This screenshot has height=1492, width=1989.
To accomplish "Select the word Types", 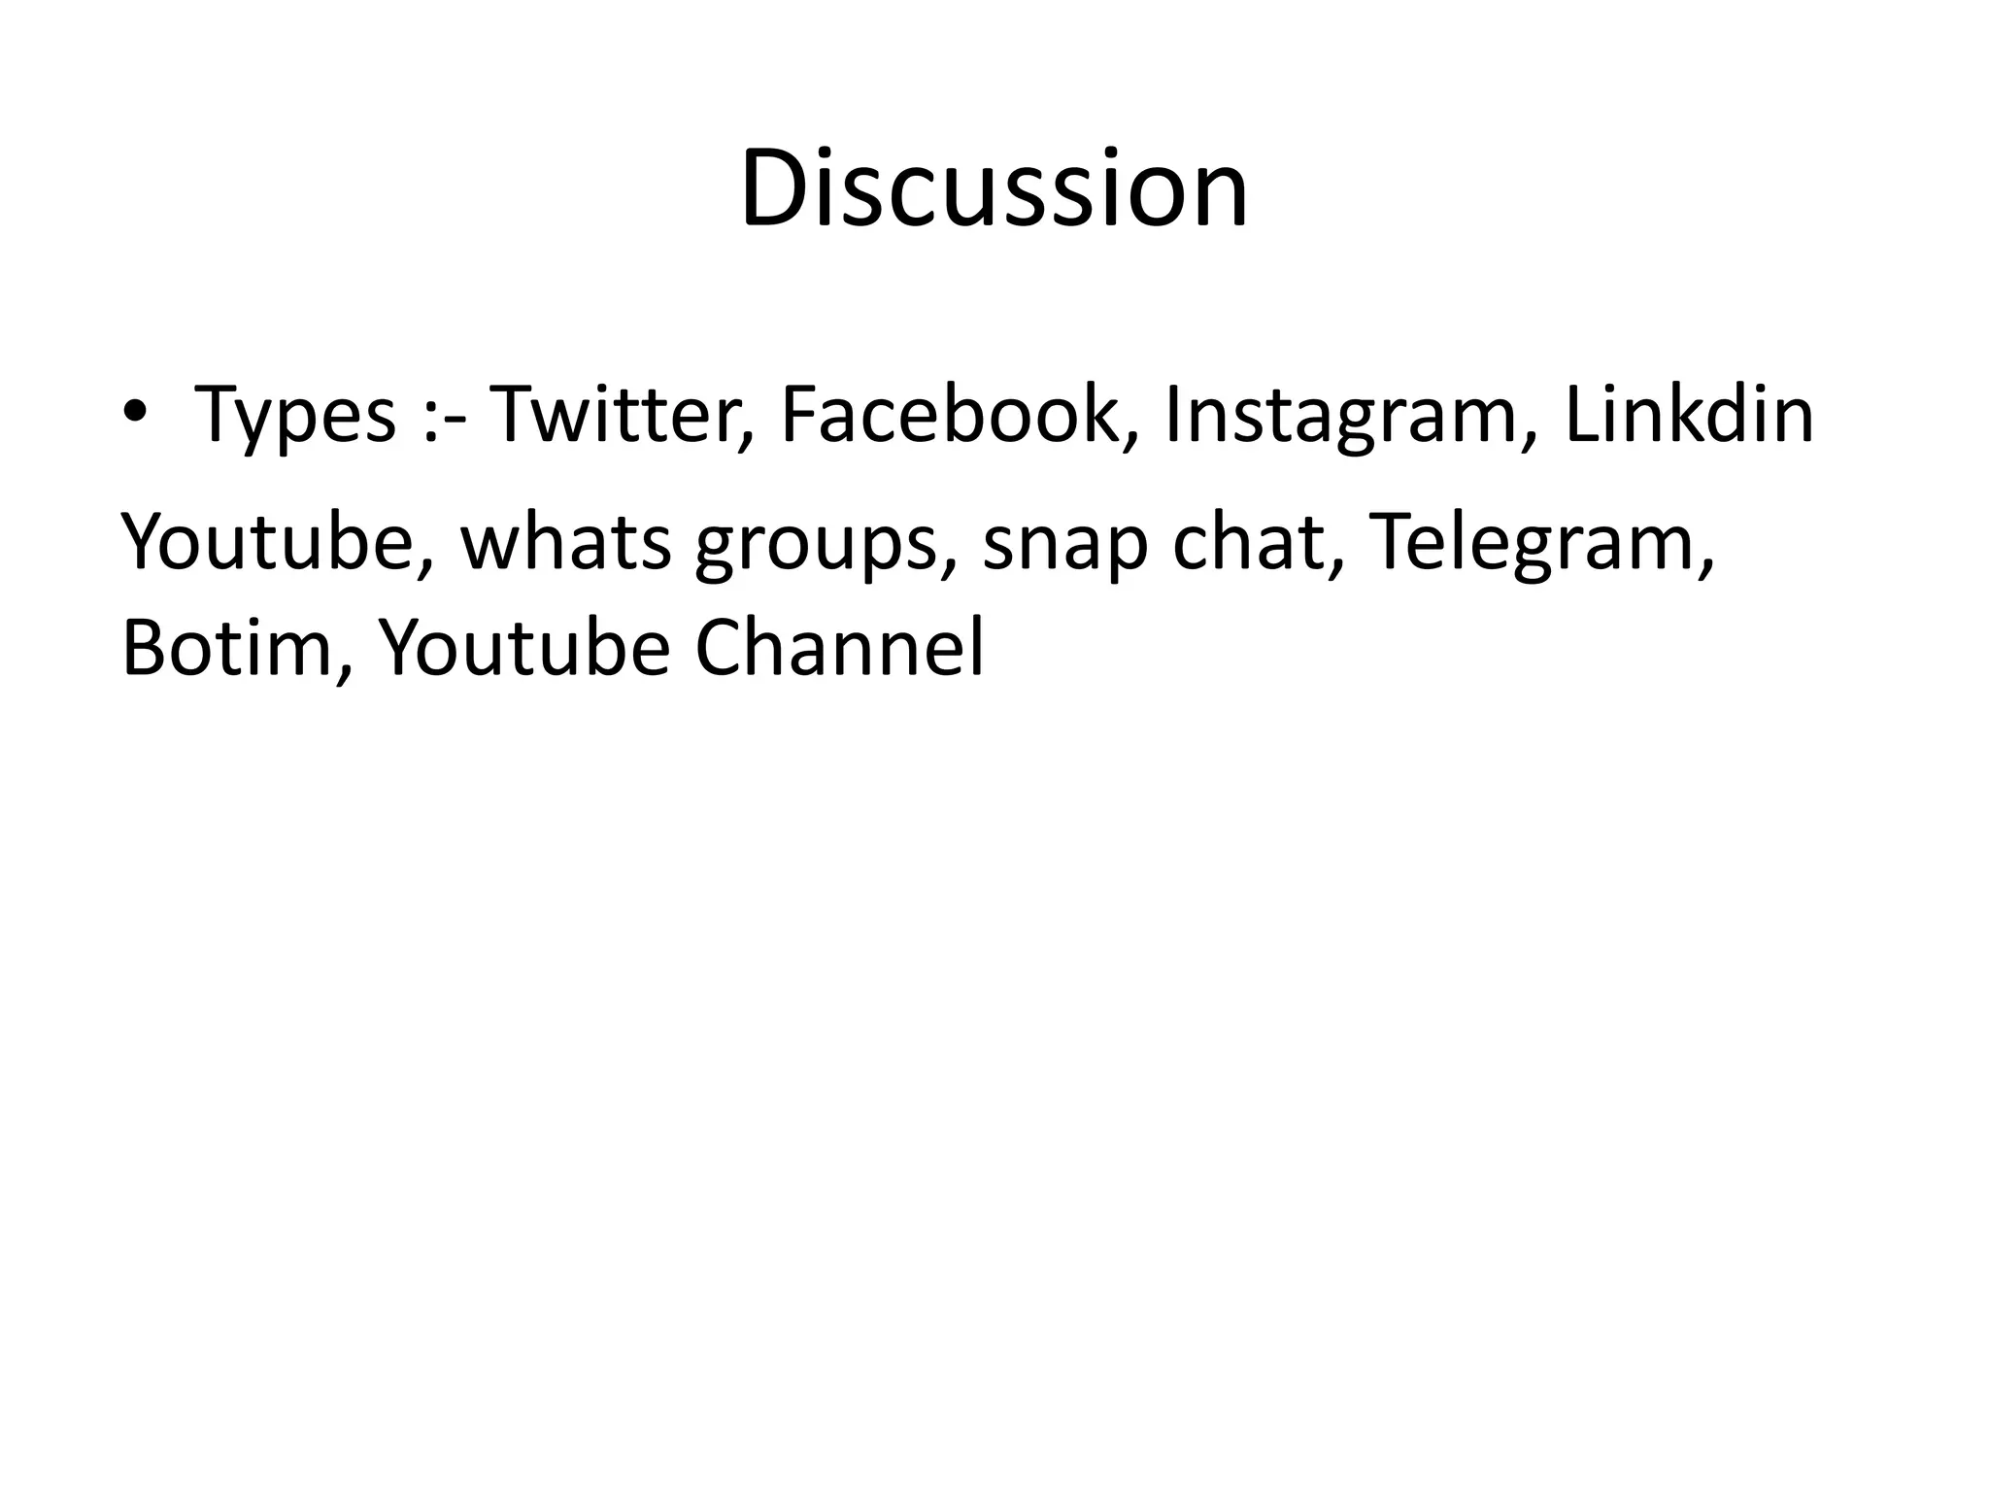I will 295,416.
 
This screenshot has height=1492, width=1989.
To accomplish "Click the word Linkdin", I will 1689,414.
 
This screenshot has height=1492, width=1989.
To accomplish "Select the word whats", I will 565,542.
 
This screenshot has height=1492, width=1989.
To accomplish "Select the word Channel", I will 839,648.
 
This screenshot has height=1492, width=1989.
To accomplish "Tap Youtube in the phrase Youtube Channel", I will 523,648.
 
